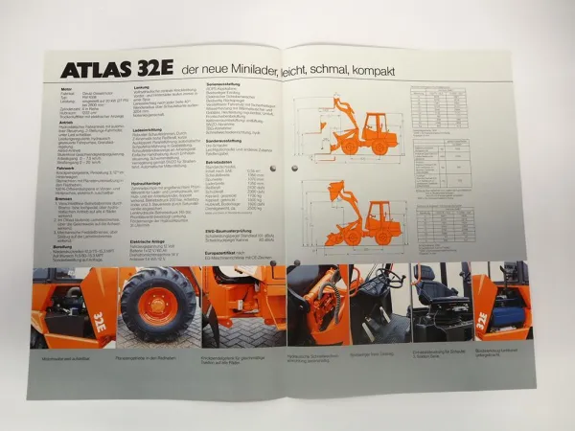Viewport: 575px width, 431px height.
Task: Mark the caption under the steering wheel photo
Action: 374,354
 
